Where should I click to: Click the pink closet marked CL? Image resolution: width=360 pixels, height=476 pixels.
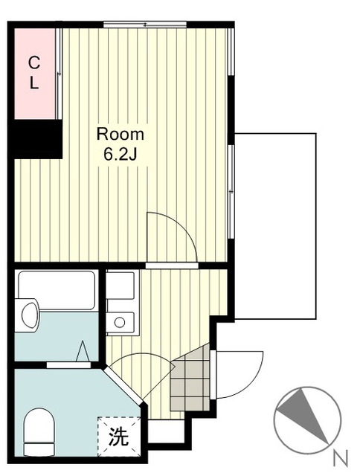pyautogui.click(x=35, y=74)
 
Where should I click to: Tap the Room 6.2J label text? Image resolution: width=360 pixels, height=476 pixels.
pyautogui.click(x=120, y=144)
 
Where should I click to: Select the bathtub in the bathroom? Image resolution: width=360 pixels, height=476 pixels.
pyautogui.click(x=57, y=289)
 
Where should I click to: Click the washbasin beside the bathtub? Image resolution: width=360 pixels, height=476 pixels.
pyautogui.click(x=30, y=315)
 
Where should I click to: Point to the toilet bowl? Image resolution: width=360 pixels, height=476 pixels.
pyautogui.click(x=39, y=431)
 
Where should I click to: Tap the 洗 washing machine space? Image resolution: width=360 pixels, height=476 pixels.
pyautogui.click(x=119, y=437)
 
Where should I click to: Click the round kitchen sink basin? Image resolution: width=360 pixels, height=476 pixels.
pyautogui.click(x=120, y=322)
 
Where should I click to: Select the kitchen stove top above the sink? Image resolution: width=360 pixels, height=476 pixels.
pyautogui.click(x=120, y=286)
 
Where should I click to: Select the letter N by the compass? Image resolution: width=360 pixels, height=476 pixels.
pyautogui.click(x=341, y=458)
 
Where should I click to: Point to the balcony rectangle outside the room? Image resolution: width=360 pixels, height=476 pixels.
pyautogui.click(x=275, y=226)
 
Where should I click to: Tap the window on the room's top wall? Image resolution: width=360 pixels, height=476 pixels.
pyautogui.click(x=145, y=25)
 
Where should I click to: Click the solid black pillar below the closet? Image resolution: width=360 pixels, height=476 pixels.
pyautogui.click(x=35, y=139)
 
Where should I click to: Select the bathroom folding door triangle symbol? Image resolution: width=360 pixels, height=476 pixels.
pyautogui.click(x=83, y=351)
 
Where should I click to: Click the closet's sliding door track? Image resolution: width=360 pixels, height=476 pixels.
pyautogui.click(x=59, y=74)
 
